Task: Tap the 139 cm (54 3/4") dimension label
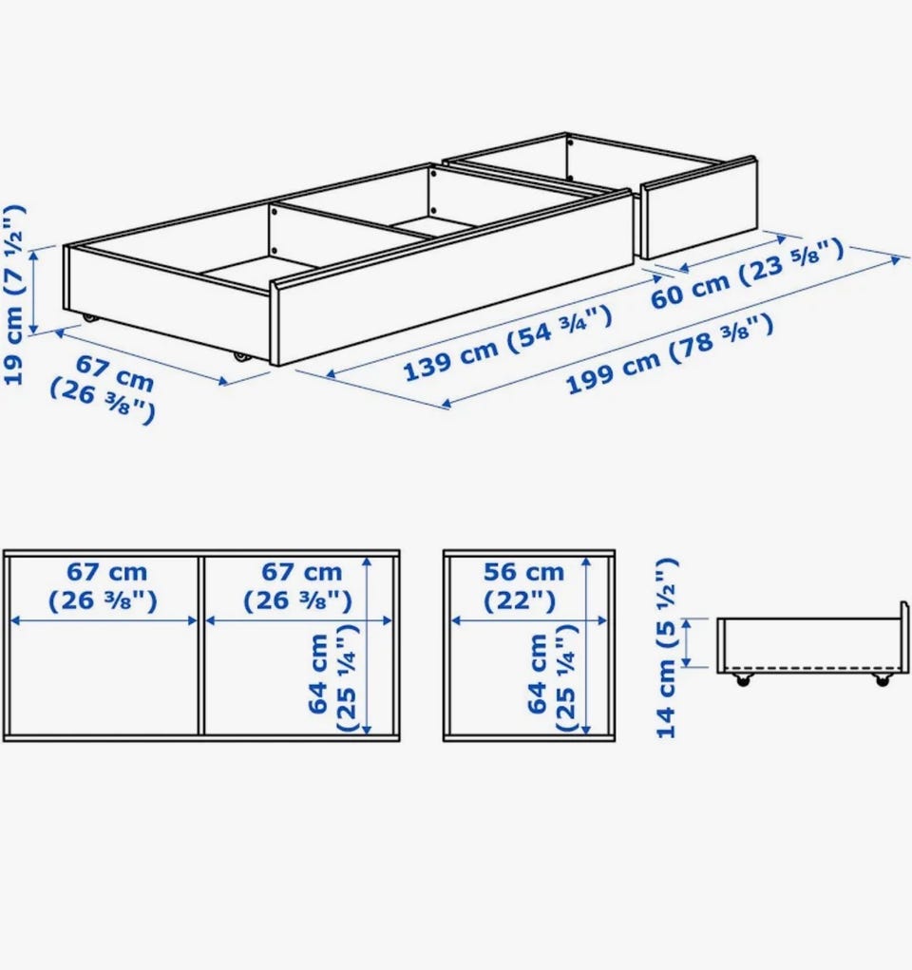[508, 344]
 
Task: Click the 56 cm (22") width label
[523, 586]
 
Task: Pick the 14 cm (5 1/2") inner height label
[668, 648]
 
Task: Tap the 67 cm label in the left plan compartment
[104, 586]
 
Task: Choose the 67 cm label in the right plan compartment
[298, 586]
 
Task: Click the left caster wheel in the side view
[741, 680]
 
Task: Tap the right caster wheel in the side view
[881, 680]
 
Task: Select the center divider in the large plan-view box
[201, 645]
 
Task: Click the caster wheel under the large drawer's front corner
[239, 357]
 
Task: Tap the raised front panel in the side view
[904, 637]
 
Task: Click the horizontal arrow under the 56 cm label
[529, 620]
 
